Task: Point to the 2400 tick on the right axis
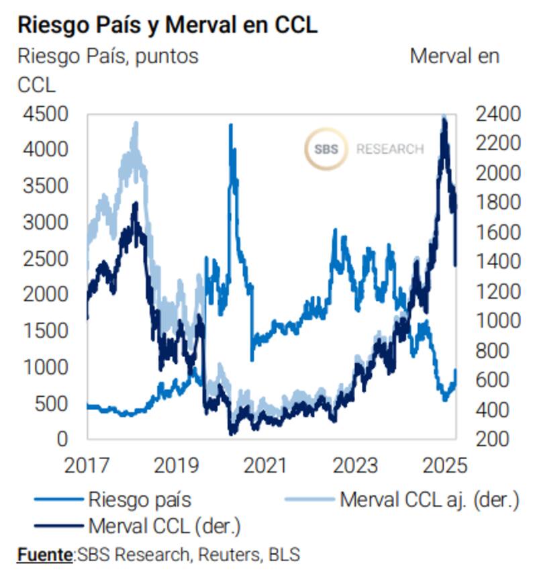(x=497, y=114)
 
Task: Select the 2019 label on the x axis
(x=176, y=465)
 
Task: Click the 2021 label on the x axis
(x=264, y=465)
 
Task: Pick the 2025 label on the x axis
(x=443, y=465)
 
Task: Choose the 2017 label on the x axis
(x=87, y=465)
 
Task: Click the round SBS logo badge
(x=326, y=148)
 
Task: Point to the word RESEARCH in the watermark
(x=390, y=149)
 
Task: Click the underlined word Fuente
(x=45, y=555)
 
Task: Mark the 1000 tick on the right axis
(x=497, y=321)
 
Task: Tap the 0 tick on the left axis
(x=62, y=439)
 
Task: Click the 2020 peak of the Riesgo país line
(x=231, y=126)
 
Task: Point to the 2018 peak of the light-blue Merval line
(x=136, y=124)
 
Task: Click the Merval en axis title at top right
(x=454, y=56)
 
